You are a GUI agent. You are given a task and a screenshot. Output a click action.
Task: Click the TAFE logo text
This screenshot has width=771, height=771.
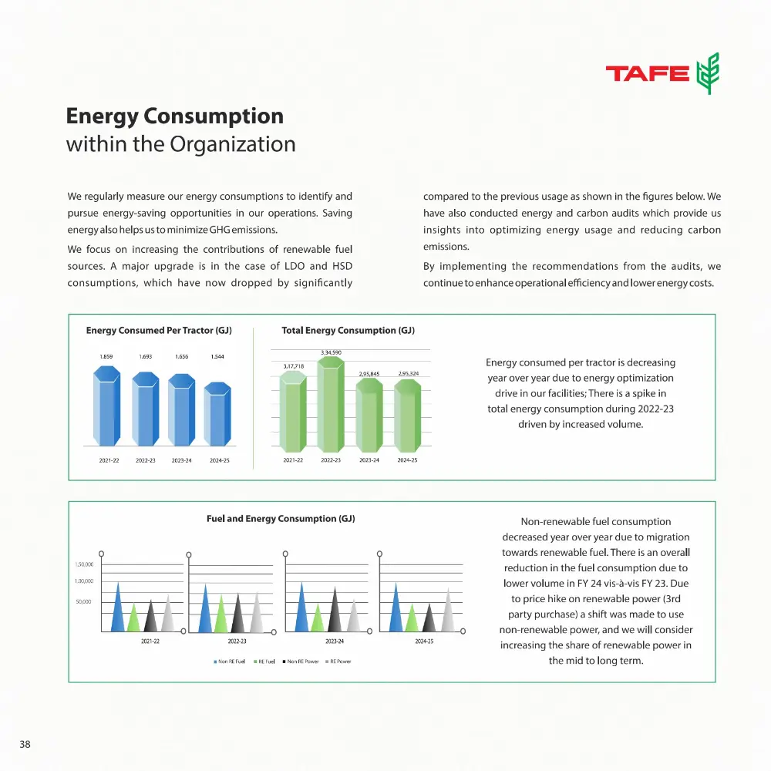point(647,73)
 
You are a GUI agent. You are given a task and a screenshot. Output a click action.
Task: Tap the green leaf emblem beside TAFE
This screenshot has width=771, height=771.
point(708,73)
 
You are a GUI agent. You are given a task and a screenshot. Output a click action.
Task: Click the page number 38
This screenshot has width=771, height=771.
point(25,744)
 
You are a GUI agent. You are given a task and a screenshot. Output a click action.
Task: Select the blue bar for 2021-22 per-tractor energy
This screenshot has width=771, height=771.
point(106,407)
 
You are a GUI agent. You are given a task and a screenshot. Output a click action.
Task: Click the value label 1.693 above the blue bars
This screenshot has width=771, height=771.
point(146,357)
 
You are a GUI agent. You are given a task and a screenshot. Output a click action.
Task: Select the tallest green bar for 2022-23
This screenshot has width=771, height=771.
point(331,404)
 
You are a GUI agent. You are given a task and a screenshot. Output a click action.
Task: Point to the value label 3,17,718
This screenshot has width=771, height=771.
point(294,365)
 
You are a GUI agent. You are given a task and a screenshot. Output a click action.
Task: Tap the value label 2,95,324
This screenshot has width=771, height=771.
point(408,373)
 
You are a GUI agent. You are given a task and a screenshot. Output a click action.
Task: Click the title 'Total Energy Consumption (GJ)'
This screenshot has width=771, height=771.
point(348,331)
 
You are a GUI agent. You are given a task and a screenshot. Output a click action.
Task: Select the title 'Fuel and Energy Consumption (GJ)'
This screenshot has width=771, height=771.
point(281,519)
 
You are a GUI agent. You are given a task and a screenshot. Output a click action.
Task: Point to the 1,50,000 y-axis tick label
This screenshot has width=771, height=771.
point(84,564)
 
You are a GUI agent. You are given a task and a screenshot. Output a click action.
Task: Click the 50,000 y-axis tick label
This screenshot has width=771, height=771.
point(84,601)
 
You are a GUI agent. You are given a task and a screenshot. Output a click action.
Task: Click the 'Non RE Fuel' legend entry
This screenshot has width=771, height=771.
point(231,662)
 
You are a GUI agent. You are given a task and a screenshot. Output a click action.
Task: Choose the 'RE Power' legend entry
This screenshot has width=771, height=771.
point(339,662)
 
